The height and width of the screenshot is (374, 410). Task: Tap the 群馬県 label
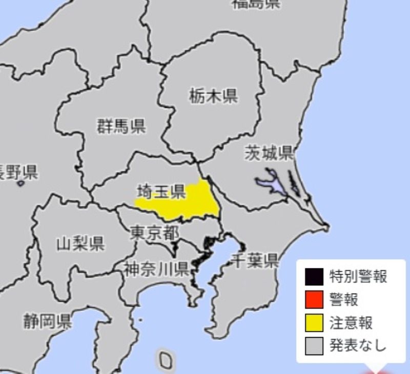coord(121,126)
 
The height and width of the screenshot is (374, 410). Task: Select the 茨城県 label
coord(268,153)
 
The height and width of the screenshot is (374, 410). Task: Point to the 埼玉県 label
coord(160,192)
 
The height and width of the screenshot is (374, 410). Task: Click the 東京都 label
coord(155,234)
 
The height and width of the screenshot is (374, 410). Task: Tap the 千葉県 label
coord(255,261)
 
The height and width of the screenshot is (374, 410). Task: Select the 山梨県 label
coord(80,244)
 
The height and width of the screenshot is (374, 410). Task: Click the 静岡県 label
coord(47,322)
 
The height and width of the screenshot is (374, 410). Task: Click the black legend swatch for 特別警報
coord(314,277)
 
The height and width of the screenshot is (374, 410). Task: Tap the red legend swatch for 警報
coord(314,300)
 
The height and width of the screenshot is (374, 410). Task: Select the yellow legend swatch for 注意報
coord(314,323)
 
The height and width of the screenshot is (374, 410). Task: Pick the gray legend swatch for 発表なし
coord(314,347)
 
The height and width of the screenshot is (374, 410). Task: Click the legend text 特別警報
coord(358,277)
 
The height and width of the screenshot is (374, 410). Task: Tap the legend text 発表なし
coord(358,347)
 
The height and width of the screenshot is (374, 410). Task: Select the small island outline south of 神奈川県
coord(165,361)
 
